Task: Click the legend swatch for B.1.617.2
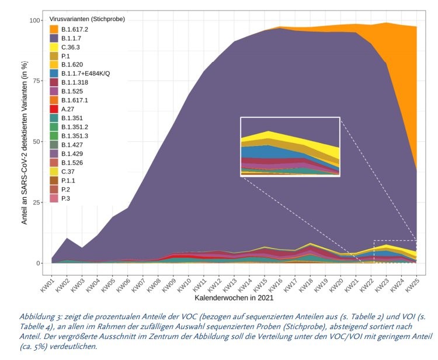point(54,29)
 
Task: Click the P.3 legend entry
point(66,198)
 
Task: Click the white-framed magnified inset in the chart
point(290,146)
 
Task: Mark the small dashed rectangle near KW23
point(395,251)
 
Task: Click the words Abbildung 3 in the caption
point(41,315)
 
